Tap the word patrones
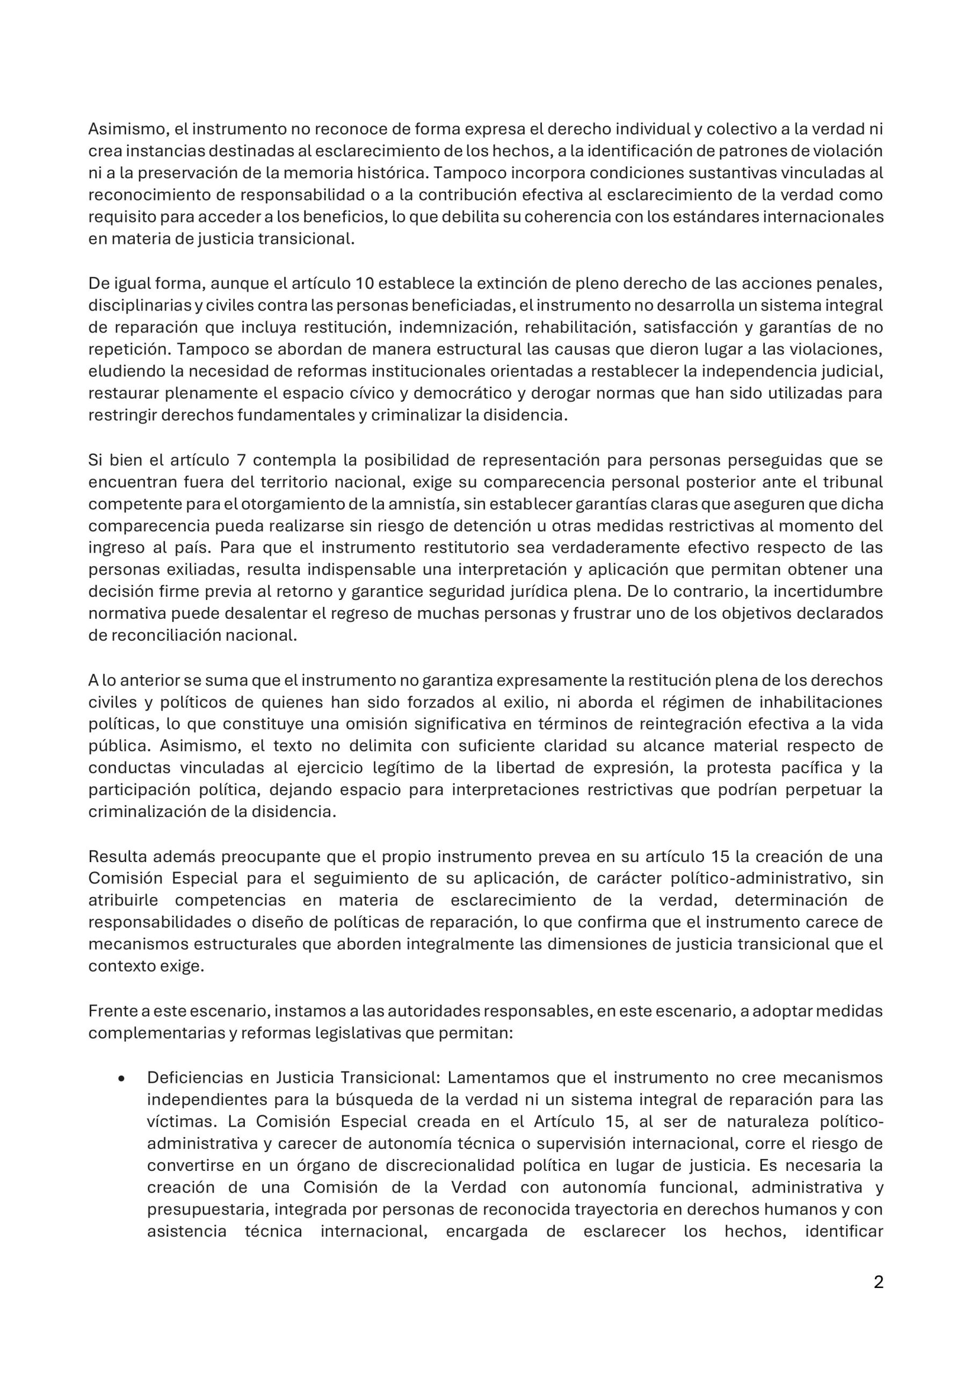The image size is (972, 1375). point(714,150)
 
